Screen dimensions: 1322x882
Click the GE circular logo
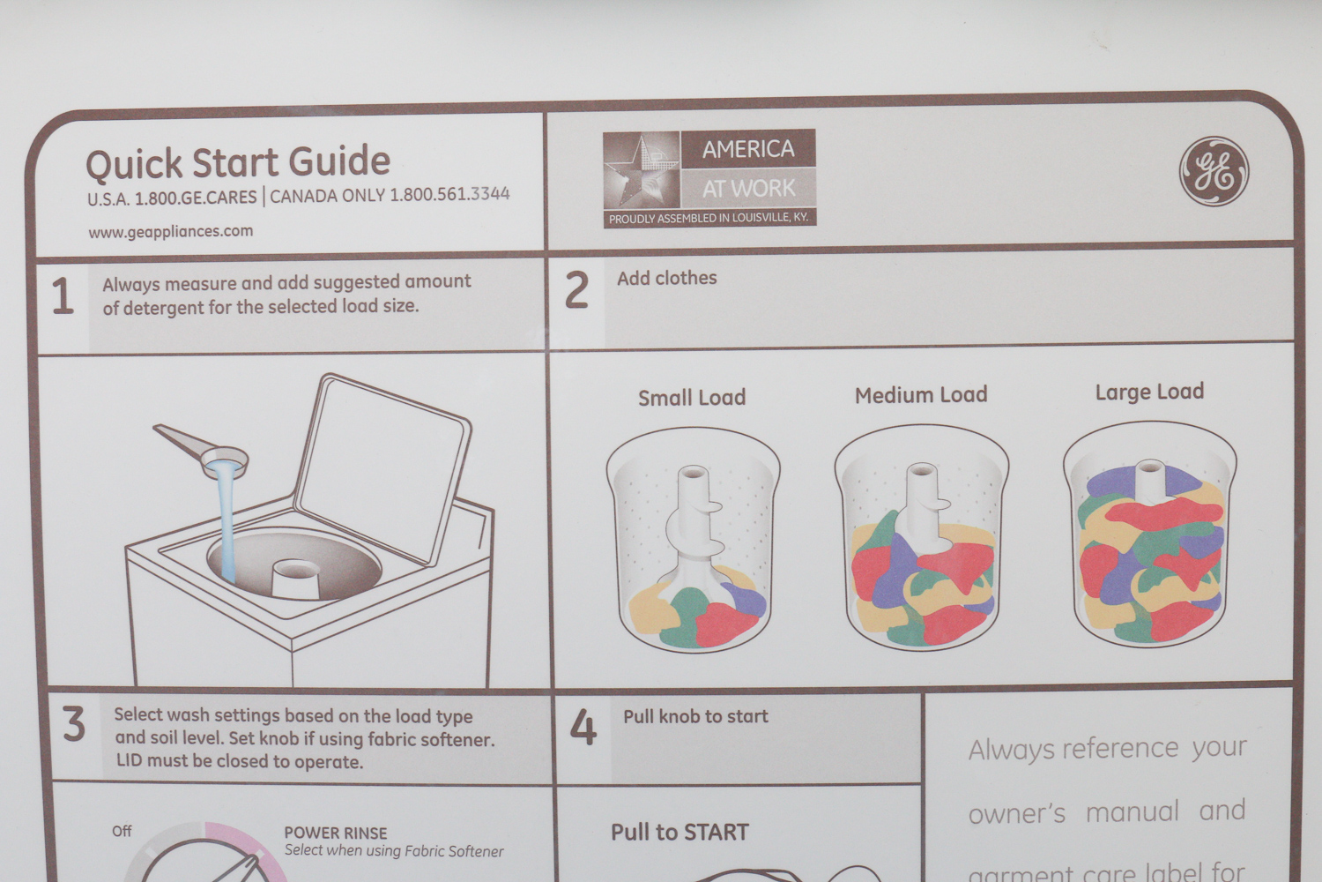coord(1214,171)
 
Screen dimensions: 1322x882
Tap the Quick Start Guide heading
coord(238,162)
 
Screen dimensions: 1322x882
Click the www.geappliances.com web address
coord(171,232)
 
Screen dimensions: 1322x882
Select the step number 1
coord(63,296)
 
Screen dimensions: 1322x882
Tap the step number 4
coord(583,727)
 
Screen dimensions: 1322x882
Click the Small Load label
coord(692,398)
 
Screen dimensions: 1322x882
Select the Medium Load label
coord(921,395)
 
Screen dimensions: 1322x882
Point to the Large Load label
coord(1149,392)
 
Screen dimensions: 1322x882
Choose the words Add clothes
coord(667,278)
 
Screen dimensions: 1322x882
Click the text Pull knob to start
coord(696,716)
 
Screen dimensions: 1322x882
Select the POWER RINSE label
coord(336,833)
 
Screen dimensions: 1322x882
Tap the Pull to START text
coord(680,833)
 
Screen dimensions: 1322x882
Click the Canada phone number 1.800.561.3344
coord(449,194)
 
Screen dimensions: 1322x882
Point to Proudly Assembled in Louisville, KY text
coord(709,219)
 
